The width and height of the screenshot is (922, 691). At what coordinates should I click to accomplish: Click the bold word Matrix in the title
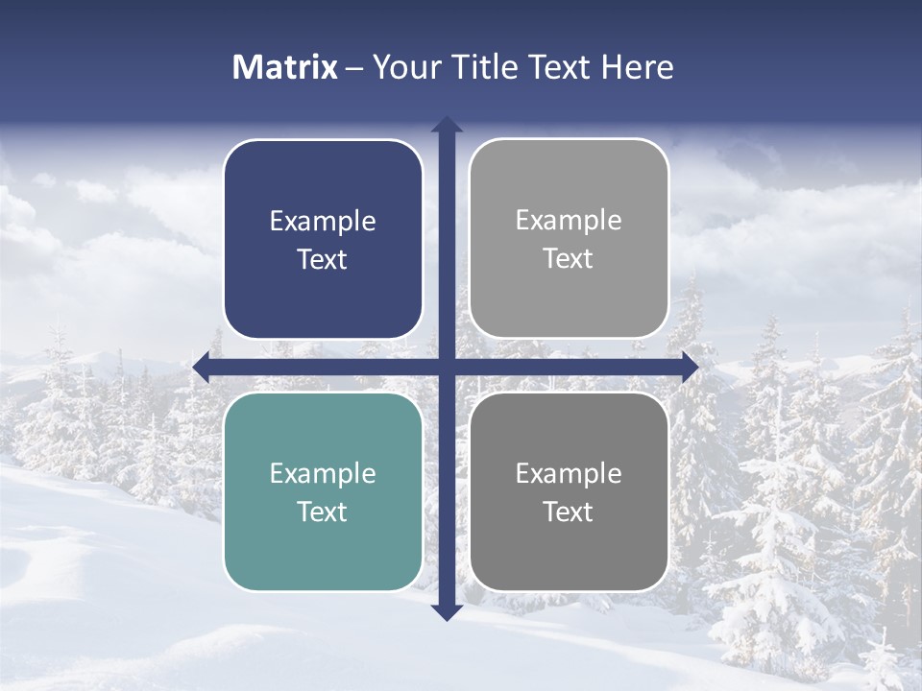tap(284, 67)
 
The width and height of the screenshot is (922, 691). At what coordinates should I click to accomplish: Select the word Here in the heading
tap(637, 67)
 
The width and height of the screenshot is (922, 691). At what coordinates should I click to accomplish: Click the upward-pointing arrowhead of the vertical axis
tap(447, 125)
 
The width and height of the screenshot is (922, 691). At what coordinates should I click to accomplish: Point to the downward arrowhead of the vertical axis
tap(447, 611)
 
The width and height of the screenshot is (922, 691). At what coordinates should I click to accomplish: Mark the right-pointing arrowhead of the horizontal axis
tap(690, 367)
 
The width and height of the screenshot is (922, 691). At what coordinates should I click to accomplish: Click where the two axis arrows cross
tap(447, 367)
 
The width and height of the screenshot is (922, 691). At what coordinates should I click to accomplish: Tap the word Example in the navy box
tap(323, 222)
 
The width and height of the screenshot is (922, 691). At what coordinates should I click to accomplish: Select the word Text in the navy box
tap(323, 260)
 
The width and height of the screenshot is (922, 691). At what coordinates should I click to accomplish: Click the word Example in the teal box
tap(323, 474)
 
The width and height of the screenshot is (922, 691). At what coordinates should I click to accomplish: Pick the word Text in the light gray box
tap(569, 259)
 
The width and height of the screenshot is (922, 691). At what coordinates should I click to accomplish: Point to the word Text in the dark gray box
tap(569, 512)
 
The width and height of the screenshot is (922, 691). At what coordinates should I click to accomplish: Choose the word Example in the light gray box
tap(569, 221)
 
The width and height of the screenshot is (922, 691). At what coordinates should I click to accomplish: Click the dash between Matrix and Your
tap(354, 68)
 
